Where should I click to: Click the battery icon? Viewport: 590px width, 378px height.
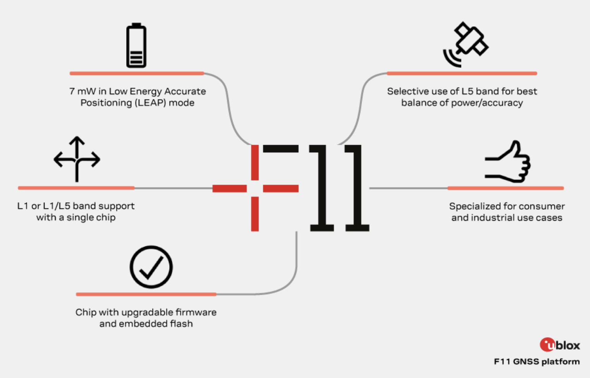(136, 45)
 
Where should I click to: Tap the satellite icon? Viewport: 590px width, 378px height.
(466, 44)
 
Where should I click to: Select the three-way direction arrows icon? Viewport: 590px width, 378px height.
(77, 159)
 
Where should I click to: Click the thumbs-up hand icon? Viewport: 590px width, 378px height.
(508, 162)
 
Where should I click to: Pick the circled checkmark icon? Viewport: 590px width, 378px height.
(151, 267)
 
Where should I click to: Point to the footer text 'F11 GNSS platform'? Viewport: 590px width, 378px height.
(537, 362)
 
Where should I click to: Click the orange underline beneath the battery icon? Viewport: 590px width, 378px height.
(137, 74)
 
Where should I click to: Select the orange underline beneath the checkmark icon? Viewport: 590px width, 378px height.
(146, 294)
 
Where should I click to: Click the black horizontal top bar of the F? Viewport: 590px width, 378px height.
(281, 149)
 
